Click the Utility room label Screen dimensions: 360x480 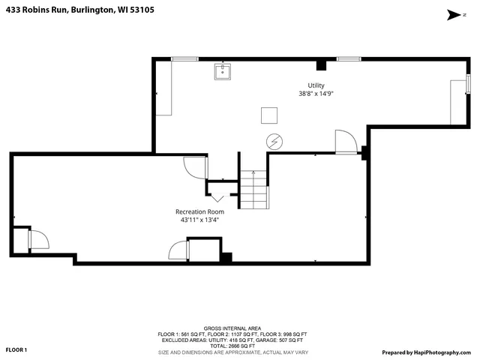click(x=315, y=85)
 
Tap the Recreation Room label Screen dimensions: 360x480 click(x=199, y=211)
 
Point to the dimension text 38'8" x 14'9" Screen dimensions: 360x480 click(x=315, y=94)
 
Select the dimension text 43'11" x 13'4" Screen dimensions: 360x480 click(x=199, y=220)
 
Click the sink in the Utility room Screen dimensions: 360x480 click(x=222, y=72)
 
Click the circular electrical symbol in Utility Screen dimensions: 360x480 click(x=274, y=140)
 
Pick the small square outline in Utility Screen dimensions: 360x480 click(x=269, y=115)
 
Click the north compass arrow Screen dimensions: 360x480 click(x=452, y=13)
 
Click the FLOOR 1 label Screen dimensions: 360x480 click(x=16, y=349)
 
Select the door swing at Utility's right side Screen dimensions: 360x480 click(x=344, y=142)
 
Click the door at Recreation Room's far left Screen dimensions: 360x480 click(x=37, y=240)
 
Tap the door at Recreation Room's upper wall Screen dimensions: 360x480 click(x=194, y=166)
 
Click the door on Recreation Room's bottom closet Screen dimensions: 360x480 click(x=178, y=250)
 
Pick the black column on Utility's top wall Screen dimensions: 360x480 click(x=321, y=64)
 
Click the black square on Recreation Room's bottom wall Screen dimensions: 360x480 click(x=225, y=257)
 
